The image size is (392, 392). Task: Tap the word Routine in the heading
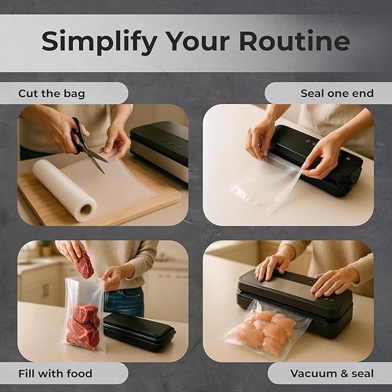coord(295,42)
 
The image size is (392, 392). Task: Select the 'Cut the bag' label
coord(51,94)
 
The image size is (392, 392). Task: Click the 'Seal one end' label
coord(337,94)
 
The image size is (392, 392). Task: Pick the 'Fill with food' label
coord(55,374)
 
